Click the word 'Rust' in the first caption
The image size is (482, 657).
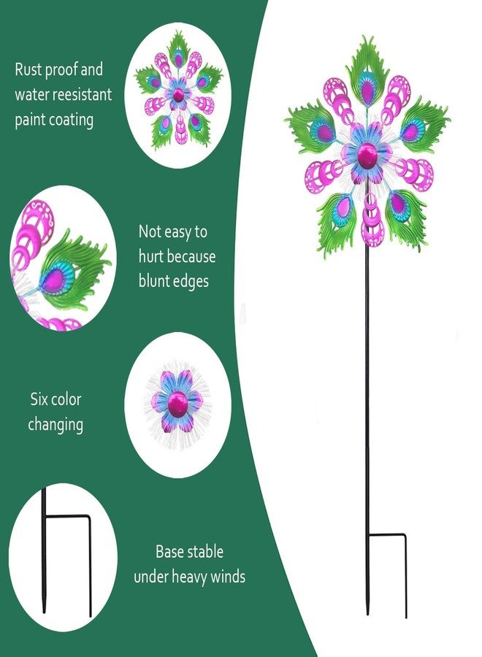pos(28,69)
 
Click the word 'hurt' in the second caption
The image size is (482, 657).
pos(152,256)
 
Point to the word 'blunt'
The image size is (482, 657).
pos(156,281)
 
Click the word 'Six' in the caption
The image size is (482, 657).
pos(39,399)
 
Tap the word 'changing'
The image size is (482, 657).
pos(56,425)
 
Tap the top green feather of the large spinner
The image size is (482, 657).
pos(367,72)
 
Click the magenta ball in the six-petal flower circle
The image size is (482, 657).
pos(177,404)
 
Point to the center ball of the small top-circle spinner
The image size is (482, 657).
pos(177,95)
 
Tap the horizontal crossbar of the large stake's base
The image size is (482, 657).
pos(386,534)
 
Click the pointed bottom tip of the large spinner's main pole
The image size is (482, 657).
pos(367,614)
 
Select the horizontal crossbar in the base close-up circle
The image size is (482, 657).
pos(67,517)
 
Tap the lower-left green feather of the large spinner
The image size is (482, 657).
pos(336,222)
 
